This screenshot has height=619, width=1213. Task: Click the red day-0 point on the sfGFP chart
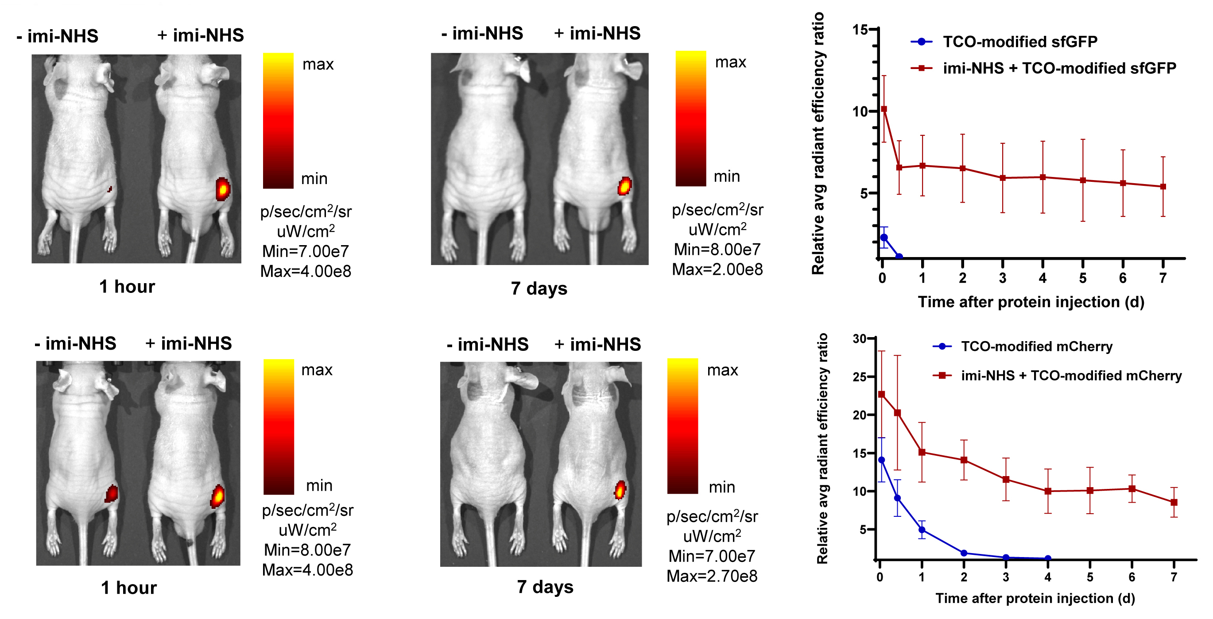pos(884,109)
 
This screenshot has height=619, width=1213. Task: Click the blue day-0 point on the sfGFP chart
pos(884,238)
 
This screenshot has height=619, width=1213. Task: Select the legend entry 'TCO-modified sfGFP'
pos(1019,42)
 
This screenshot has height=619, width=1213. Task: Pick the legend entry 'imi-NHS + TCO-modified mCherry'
pos(1071,375)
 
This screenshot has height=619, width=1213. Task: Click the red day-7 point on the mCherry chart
pos(1174,502)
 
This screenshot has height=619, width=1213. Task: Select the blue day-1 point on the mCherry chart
pos(922,530)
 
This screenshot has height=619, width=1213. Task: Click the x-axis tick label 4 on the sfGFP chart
pos(1042,278)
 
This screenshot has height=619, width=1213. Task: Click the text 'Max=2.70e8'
pos(712,576)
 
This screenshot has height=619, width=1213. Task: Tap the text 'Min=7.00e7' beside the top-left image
pos(305,252)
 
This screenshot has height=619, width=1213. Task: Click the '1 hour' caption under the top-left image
pos(127,286)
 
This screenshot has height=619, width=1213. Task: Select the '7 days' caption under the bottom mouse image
pos(545,587)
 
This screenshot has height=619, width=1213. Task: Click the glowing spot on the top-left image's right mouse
pos(223,189)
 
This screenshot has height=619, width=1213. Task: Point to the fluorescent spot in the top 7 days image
pos(624,186)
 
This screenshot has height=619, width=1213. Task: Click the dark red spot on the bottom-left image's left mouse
pos(112,493)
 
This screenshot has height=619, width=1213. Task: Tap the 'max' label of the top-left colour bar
pos(318,65)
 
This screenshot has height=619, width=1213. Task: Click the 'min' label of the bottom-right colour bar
pos(722,487)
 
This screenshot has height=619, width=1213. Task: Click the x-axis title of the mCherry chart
pos(1035,598)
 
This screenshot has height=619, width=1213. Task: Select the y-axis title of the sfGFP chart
pos(818,143)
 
